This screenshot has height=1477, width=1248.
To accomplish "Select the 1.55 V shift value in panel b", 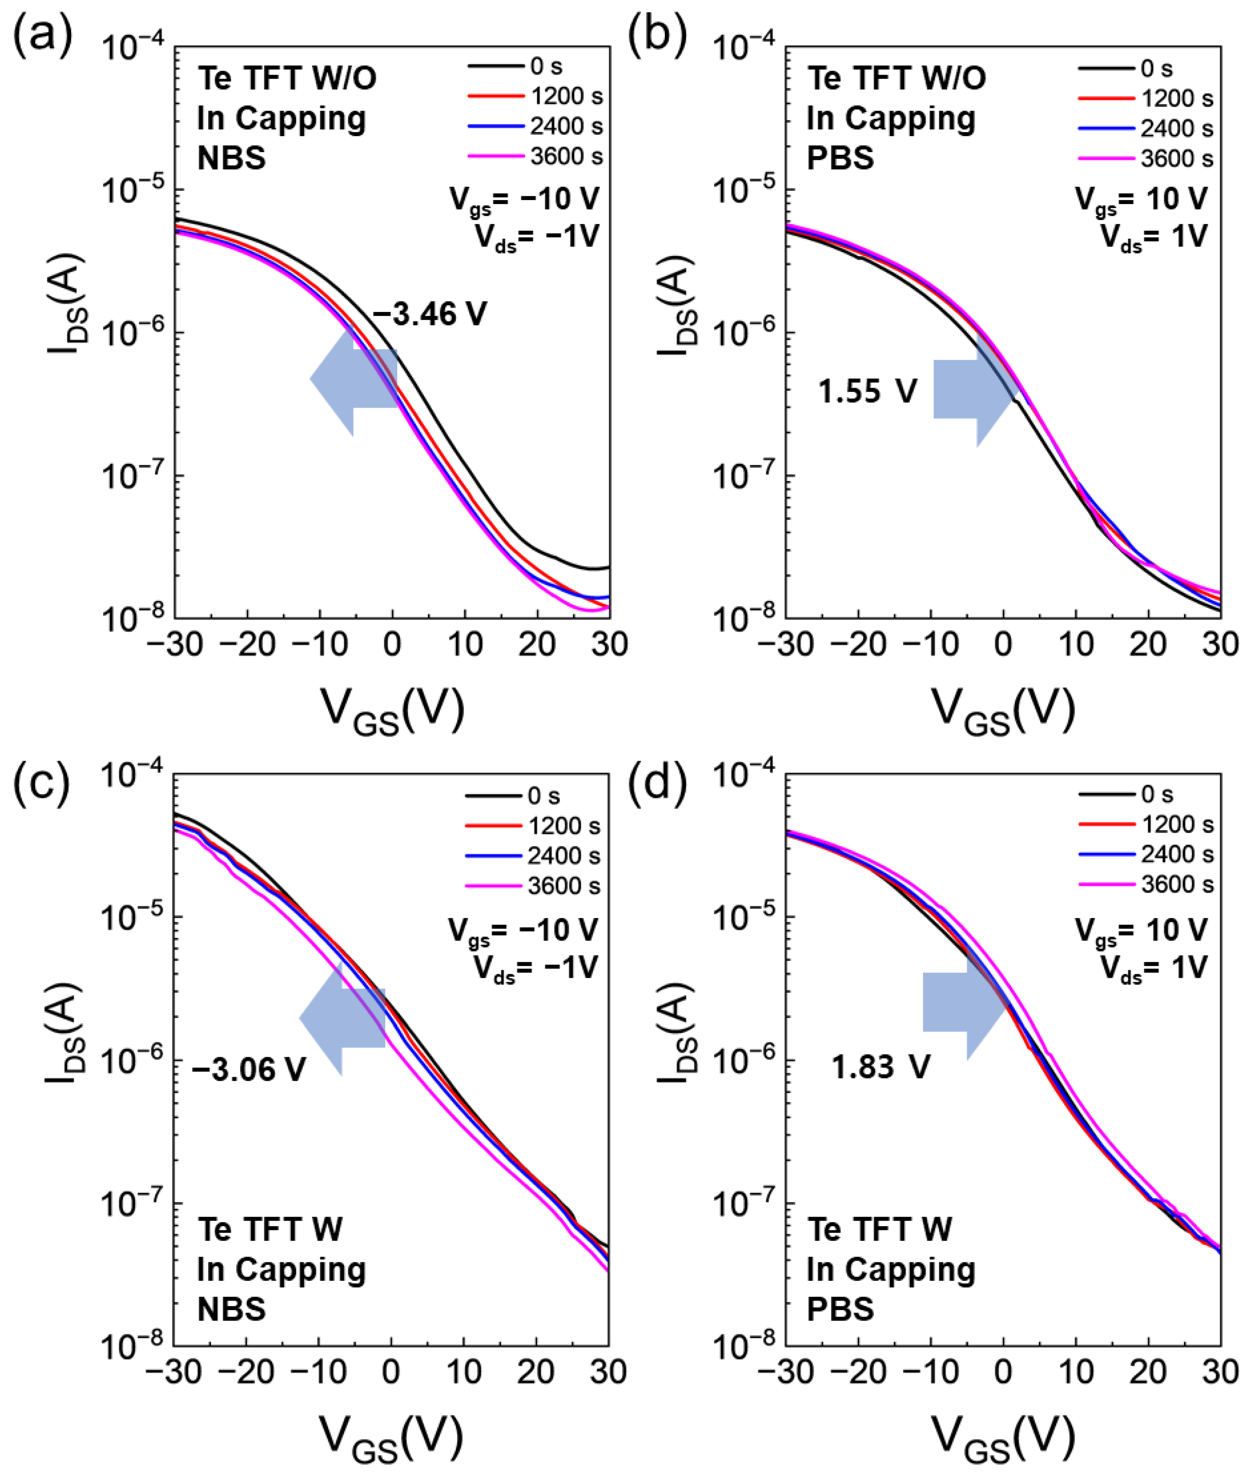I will click(868, 391).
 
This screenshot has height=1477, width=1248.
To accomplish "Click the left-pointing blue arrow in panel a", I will click(351, 379).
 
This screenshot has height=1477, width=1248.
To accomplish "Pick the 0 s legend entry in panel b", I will click(1126, 69).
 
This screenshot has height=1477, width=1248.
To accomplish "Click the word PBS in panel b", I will click(841, 158).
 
